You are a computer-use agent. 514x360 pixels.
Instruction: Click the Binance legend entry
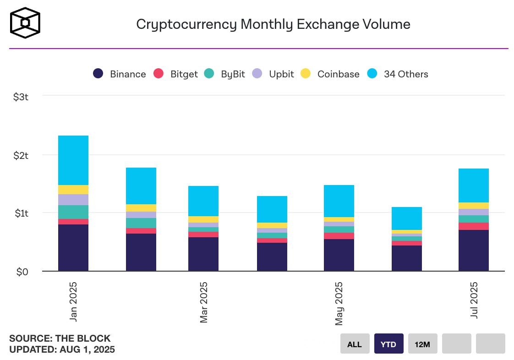119,74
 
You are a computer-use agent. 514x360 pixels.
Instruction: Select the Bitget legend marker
159,73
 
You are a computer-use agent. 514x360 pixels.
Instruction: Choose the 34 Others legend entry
398,74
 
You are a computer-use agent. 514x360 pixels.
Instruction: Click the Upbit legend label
281,74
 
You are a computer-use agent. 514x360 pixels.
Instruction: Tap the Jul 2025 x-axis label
474,300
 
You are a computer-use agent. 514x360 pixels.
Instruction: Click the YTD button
388,344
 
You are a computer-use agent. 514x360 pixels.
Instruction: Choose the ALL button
355,344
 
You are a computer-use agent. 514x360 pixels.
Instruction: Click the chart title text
273,24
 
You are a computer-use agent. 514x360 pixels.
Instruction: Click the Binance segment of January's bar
73,247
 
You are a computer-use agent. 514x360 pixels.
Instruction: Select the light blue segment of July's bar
474,185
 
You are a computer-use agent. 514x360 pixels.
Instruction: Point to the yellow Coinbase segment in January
73,190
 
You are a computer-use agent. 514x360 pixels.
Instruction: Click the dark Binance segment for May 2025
339,255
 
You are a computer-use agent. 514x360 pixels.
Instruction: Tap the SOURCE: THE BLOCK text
60,339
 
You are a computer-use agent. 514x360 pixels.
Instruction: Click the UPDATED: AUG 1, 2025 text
62,350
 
